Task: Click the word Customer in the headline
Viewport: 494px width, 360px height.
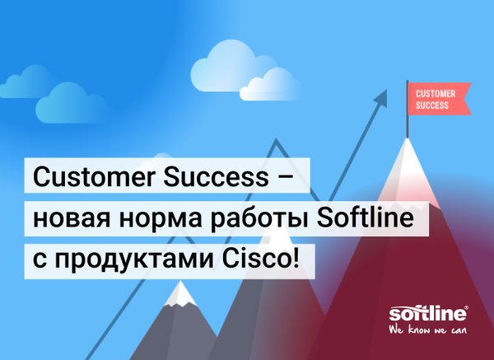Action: pos(94,177)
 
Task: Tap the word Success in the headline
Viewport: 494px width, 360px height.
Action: pos(216,177)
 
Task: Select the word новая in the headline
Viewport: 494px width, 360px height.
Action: pos(72,219)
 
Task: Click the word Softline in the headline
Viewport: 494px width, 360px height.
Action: pos(366,217)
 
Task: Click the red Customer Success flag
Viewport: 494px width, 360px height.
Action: pos(439,99)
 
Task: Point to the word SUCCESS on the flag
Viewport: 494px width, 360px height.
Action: pos(432,105)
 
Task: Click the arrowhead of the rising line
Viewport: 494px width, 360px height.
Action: pos(381,96)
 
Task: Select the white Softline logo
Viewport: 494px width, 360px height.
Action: pos(427,314)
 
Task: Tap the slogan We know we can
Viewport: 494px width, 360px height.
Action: pos(427,330)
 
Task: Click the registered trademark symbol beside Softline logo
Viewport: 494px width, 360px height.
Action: pos(467,307)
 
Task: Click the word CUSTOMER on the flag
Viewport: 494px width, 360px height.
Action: pos(436,94)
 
